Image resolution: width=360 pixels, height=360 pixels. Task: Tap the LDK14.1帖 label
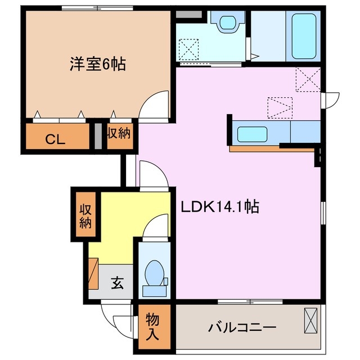click(219, 207)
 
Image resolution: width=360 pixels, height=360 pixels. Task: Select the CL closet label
click(55, 138)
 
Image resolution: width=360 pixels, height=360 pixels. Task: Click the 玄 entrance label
click(116, 282)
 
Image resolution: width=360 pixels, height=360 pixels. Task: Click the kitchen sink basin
click(252, 134)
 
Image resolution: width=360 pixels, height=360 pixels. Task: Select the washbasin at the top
click(227, 23)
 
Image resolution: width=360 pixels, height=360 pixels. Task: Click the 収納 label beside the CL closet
click(119, 134)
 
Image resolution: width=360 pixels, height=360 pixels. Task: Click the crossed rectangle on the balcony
click(310, 322)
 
